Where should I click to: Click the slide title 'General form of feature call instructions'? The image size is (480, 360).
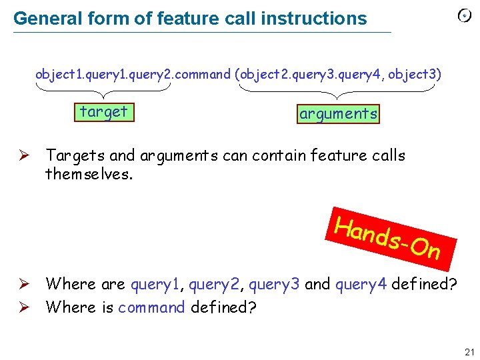[190, 19]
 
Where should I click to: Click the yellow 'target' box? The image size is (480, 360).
[103, 112]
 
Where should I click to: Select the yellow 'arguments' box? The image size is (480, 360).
[339, 114]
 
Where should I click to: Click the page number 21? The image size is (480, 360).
[469, 352]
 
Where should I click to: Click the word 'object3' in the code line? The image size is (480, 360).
[414, 74]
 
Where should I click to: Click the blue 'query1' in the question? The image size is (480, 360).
[154, 285]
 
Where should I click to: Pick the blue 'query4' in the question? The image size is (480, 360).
[361, 285]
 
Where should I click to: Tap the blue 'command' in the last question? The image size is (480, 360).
[152, 307]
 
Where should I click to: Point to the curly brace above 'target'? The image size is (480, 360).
[103, 88]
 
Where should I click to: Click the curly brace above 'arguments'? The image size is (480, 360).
[339, 89]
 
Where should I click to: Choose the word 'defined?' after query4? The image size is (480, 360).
[424, 285]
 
